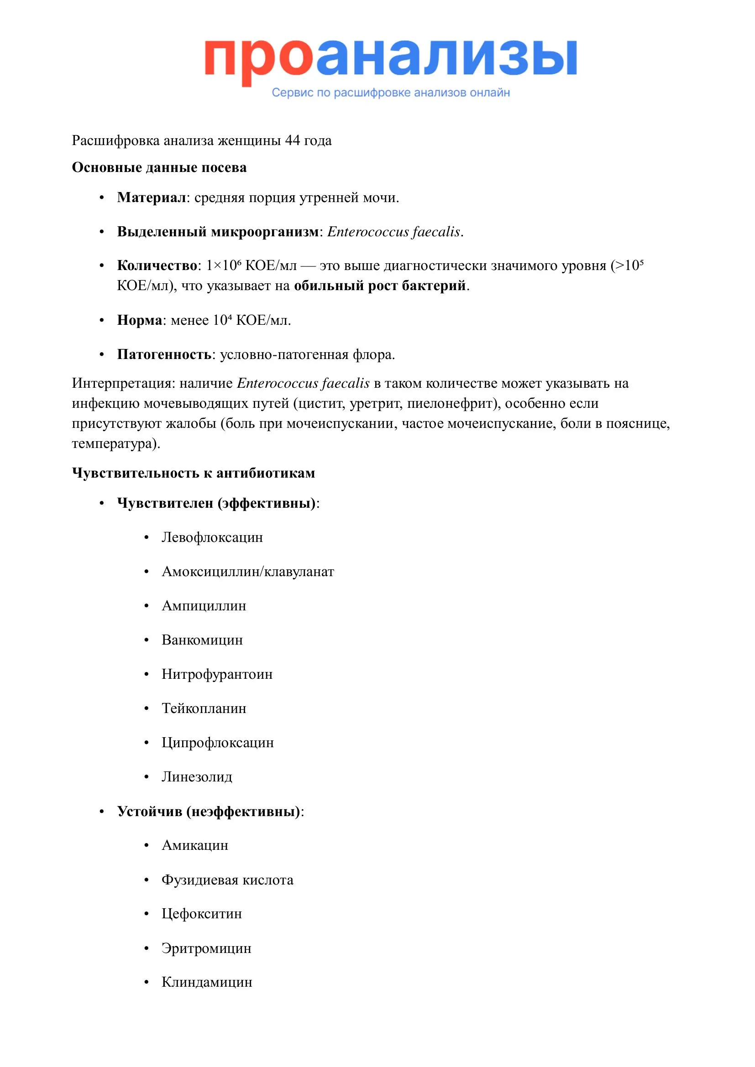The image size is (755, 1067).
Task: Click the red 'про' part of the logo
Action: point(258,59)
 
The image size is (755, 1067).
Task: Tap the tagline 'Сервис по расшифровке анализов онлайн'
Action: point(391,93)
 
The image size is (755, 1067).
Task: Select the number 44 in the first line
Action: point(293,141)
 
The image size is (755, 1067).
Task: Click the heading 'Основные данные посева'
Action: point(159,167)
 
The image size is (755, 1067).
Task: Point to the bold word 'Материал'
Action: point(152,198)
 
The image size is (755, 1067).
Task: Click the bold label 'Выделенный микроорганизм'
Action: point(218,231)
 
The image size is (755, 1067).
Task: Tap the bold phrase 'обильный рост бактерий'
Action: point(380,285)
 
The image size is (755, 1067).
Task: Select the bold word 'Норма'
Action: point(140,320)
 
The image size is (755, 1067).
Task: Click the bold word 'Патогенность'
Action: point(165,354)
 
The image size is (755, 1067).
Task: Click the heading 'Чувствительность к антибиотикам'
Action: point(194,473)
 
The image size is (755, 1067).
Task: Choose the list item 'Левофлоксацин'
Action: point(212,537)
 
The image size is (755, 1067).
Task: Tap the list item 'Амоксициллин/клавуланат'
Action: point(248,572)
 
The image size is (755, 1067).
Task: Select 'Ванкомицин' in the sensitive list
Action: point(202,640)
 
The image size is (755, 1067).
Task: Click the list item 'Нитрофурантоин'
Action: point(217,674)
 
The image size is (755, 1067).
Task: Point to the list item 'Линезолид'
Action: point(197,776)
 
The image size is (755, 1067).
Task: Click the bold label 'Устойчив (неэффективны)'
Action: point(209,812)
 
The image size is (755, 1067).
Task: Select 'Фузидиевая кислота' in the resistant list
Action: point(227,880)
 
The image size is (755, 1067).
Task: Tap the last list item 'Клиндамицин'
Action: point(207,982)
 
